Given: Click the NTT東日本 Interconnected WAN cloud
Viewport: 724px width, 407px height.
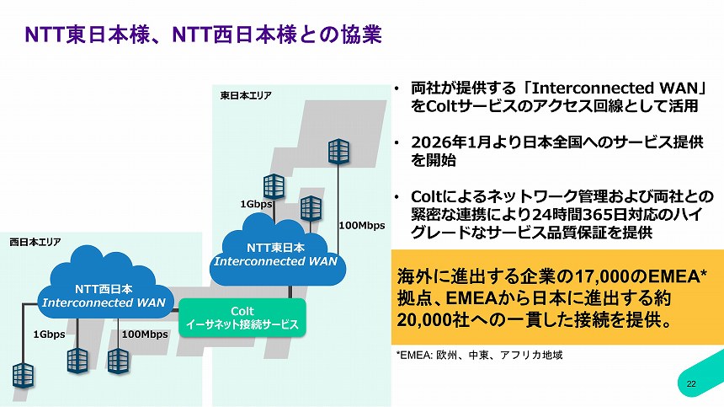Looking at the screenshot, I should tap(275, 244).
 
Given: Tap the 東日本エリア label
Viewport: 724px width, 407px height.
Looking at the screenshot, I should tap(246, 96).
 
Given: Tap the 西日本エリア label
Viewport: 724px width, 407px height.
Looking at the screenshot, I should tap(35, 241).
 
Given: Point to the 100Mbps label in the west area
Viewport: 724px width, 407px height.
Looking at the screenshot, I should tap(145, 335).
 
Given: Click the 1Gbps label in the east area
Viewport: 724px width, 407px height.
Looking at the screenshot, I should tap(255, 204).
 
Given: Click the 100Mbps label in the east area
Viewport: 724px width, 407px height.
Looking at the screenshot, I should tap(361, 226).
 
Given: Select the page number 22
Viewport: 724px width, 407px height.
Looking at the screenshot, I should tap(691, 384).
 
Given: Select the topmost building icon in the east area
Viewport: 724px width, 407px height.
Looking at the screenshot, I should tap(339, 152).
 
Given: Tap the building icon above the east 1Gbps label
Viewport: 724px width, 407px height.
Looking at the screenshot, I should tap(274, 185).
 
